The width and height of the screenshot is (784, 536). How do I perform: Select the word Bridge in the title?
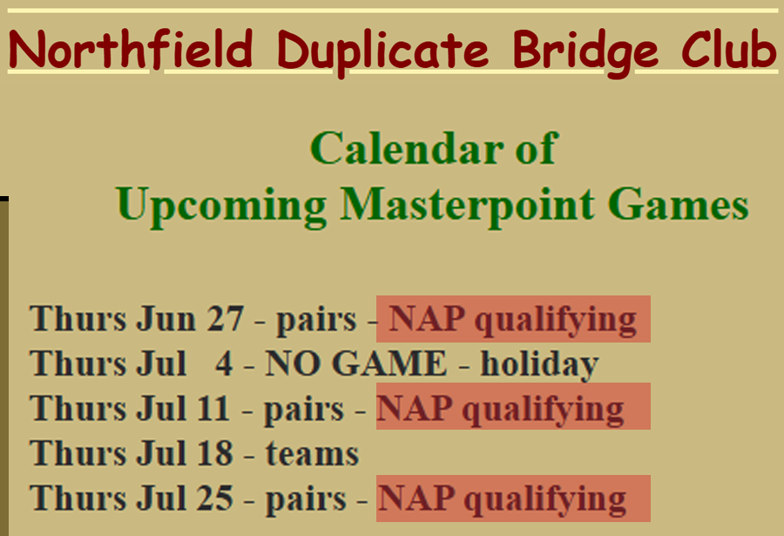[585, 52]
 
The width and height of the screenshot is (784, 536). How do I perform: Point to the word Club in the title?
[729, 48]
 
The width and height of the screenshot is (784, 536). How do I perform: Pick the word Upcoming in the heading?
[221, 206]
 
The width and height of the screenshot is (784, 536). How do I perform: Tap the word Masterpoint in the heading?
[468, 204]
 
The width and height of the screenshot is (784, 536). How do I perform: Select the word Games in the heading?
[678, 203]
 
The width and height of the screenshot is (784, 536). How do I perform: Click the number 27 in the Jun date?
[226, 318]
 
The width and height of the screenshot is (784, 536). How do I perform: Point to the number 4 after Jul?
[224, 363]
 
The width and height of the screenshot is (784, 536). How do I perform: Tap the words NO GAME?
[355, 363]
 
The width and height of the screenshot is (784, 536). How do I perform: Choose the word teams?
[312, 454]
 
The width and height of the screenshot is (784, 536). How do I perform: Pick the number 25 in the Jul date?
[215, 499]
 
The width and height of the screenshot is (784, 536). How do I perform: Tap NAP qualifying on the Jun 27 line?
[512, 320]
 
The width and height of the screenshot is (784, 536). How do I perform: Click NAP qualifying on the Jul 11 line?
[500, 410]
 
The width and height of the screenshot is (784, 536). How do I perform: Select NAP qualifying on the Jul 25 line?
[502, 499]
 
